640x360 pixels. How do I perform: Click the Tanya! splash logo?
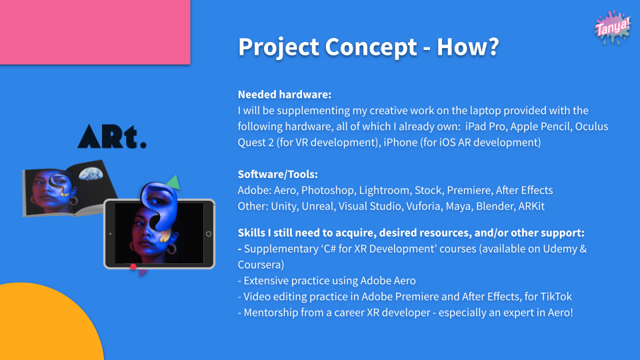tap(612, 27)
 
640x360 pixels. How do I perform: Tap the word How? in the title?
tap(468, 47)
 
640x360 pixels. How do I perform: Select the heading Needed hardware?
tap(285, 94)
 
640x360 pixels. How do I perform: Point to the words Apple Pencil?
tap(539, 127)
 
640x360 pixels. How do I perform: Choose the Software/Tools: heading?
tap(277, 174)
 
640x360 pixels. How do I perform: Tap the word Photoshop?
tap(327, 190)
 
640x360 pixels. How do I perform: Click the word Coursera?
tap(261, 265)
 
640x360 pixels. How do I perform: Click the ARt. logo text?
tap(112, 136)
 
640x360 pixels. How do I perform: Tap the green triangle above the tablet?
tap(173, 182)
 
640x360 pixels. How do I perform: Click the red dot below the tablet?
tap(133, 267)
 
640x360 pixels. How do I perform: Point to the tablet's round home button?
tap(209, 234)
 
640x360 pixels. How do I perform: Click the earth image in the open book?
tap(91, 174)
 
